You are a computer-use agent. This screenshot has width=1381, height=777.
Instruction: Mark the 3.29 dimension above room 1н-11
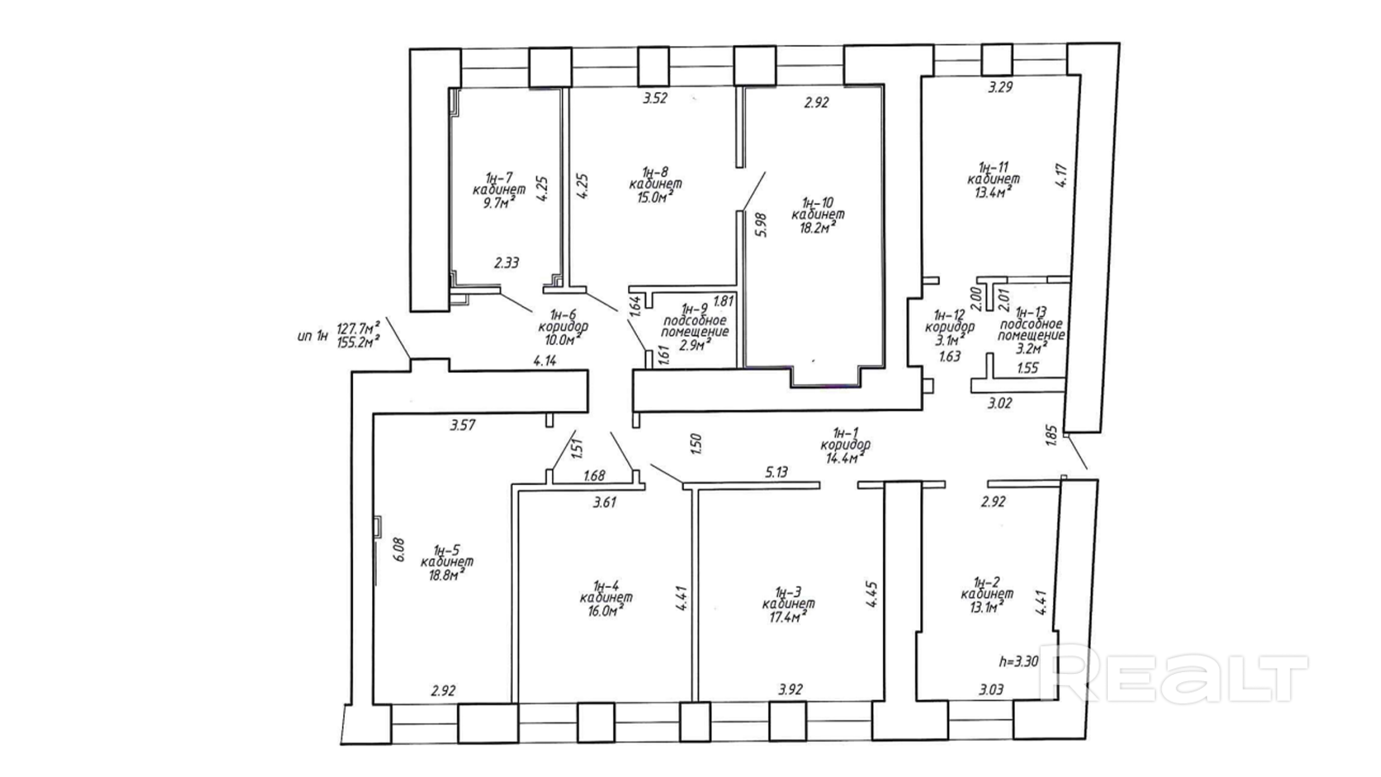pyautogui.click(x=1000, y=87)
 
